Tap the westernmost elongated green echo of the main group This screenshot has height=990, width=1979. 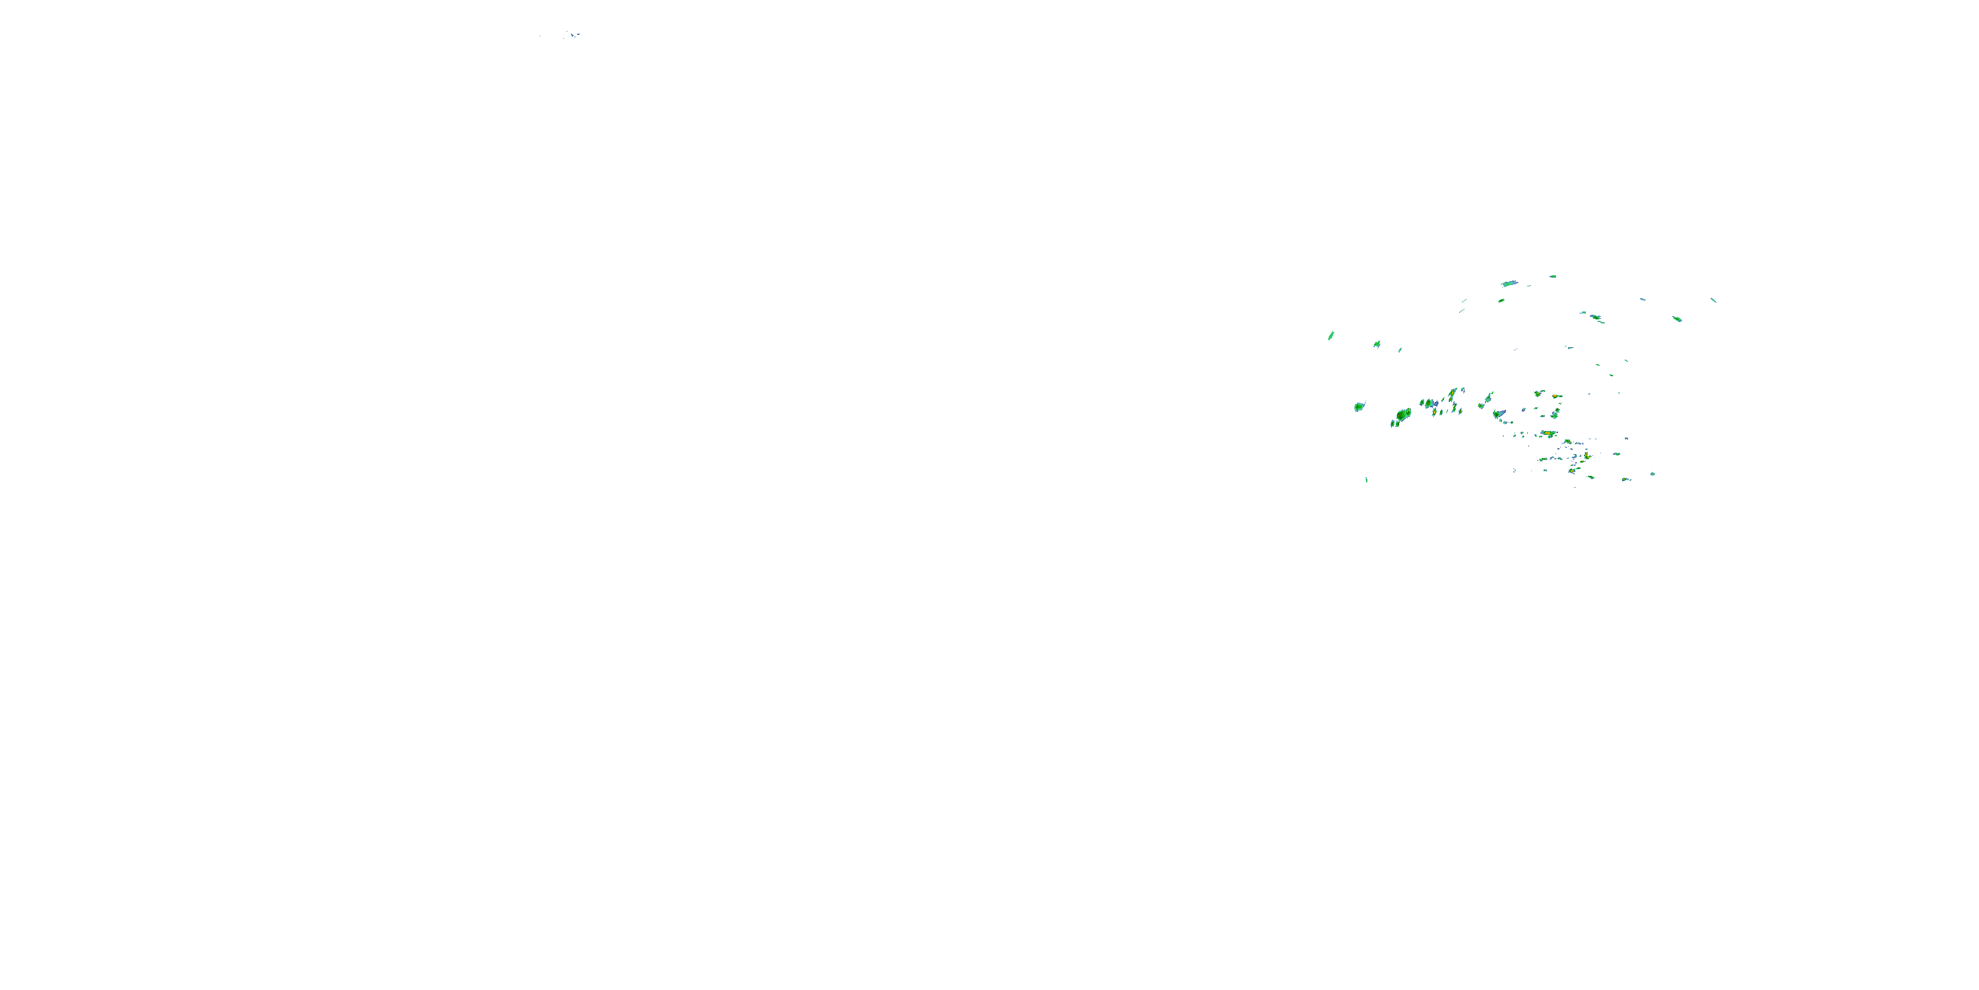[1331, 335]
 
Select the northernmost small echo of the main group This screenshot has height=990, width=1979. [1553, 276]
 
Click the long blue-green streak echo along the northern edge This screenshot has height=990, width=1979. [1509, 284]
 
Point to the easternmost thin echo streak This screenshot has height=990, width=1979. [1712, 300]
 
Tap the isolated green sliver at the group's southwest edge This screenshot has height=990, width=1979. [1366, 480]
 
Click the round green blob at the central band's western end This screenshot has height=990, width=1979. [1358, 407]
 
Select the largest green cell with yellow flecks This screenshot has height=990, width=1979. [1402, 416]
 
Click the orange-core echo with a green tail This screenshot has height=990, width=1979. [1555, 397]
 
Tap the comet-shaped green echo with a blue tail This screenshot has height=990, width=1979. [1499, 415]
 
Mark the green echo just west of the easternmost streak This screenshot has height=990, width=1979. [1677, 318]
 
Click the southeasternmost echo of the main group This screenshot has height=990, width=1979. [1652, 475]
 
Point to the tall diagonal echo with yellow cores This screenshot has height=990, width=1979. [1452, 397]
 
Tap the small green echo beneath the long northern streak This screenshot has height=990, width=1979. [1500, 300]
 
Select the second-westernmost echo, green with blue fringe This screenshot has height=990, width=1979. [1377, 345]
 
